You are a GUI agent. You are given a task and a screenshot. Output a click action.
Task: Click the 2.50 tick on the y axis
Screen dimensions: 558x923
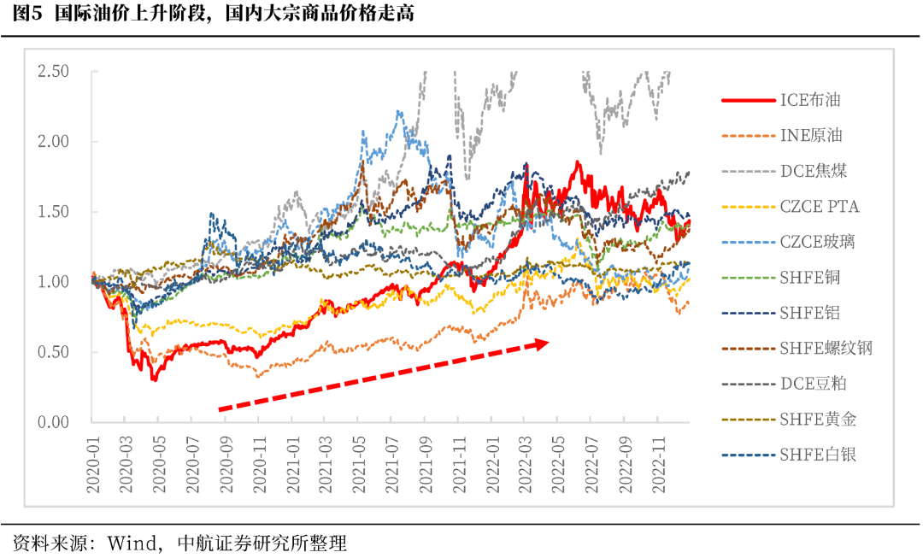[x=53, y=72]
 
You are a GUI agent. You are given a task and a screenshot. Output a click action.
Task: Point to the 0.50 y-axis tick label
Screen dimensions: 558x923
[x=53, y=352]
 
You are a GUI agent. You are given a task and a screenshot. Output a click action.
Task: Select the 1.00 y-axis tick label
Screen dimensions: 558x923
[x=53, y=282]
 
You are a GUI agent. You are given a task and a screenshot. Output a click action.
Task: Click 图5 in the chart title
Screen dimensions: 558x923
[x=27, y=15]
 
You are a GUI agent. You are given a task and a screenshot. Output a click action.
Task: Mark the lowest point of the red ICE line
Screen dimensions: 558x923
[x=154, y=379]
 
